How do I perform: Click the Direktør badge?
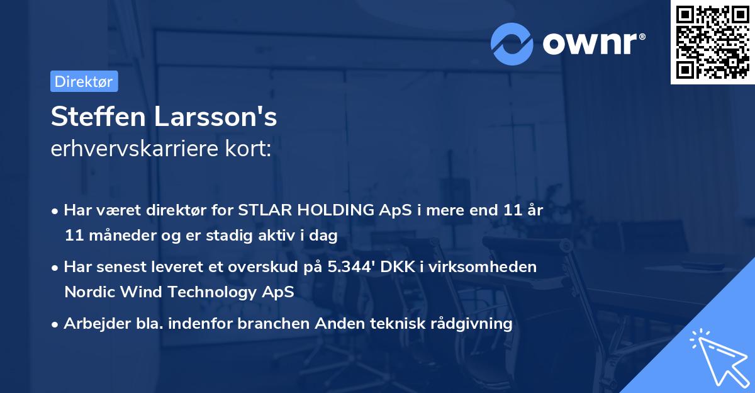(x=84, y=81)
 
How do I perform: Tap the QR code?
(x=712, y=42)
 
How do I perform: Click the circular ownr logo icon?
(x=512, y=43)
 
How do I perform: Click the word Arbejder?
(x=92, y=324)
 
